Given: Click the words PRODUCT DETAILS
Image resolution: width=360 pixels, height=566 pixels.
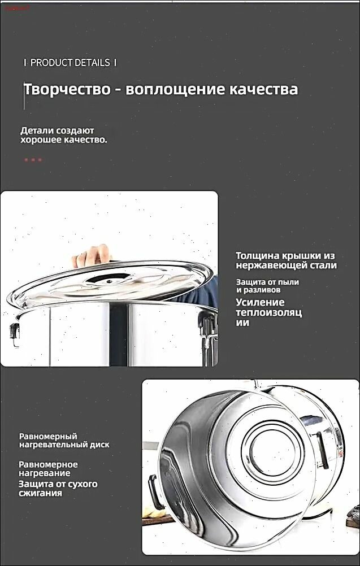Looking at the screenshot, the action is click(70, 63).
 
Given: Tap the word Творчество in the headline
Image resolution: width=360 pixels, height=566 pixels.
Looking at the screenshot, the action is click(67, 89).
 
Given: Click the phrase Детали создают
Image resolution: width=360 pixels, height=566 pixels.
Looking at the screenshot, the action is click(57, 130).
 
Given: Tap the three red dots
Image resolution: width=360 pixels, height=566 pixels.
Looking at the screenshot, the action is click(33, 159).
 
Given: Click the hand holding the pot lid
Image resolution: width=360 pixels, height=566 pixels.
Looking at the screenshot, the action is click(92, 255).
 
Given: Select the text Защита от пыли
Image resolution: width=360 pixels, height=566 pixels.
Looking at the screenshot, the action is click(267, 282).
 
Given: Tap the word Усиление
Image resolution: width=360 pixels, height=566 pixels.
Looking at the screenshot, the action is click(260, 303).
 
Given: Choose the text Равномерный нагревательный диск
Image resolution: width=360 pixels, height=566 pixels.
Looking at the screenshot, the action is click(64, 441).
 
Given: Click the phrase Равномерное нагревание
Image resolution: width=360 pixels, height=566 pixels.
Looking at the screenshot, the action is click(48, 468).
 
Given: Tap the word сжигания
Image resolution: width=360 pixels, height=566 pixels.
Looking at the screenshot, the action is click(40, 493).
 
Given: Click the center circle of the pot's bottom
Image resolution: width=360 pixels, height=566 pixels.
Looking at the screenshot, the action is click(272, 446).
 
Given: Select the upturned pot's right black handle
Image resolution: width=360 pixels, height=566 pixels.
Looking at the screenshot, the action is click(323, 450).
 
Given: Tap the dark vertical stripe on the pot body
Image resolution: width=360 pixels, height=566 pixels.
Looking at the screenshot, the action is click(119, 334).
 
